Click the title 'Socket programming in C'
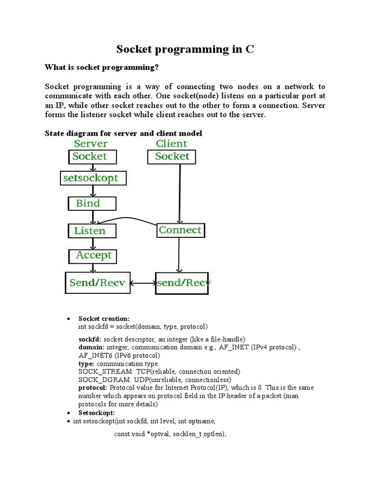tap(185, 49)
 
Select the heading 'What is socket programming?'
tap(102, 67)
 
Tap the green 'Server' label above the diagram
tap(91, 144)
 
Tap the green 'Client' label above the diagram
tap(171, 144)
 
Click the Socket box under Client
tap(172, 156)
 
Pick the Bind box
tap(92, 204)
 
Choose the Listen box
tap(92, 231)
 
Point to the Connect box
tap(181, 231)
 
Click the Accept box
tap(93, 255)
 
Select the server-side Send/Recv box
tap(98, 283)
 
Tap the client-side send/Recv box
tap(183, 283)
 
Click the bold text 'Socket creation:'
tap(104, 319)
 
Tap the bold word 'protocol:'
tap(93, 388)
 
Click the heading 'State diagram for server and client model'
tap(124, 133)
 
